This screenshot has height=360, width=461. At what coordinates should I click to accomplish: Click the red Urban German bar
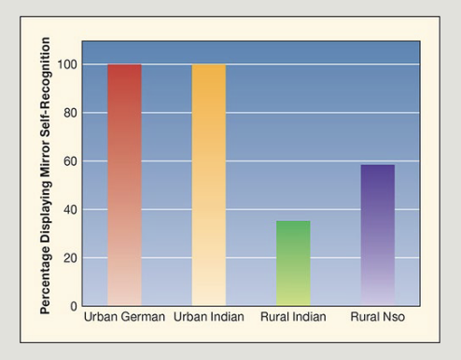tap(124, 185)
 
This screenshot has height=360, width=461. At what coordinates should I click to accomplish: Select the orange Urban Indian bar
tap(209, 185)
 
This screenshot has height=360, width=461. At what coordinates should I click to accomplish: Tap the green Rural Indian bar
tap(293, 263)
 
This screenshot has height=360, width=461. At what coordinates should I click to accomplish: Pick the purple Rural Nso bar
tap(378, 235)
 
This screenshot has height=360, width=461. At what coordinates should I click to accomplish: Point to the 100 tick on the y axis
tap(67, 64)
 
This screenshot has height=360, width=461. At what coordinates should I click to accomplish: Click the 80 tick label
tap(70, 113)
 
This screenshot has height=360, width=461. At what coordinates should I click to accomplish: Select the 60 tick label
tap(70, 161)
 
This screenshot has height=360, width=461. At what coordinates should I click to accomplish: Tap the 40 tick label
tap(70, 210)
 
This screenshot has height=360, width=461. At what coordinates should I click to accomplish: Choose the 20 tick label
tap(70, 258)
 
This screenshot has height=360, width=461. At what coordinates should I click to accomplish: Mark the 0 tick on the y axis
tap(74, 307)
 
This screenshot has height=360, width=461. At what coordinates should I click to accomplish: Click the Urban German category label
tap(124, 317)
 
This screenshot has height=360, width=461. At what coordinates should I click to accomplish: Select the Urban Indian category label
tap(209, 317)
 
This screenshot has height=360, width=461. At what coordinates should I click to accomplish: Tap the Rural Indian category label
tap(293, 317)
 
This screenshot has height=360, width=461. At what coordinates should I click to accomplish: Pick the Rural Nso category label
tap(378, 317)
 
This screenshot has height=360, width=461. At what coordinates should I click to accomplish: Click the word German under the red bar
tap(144, 317)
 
